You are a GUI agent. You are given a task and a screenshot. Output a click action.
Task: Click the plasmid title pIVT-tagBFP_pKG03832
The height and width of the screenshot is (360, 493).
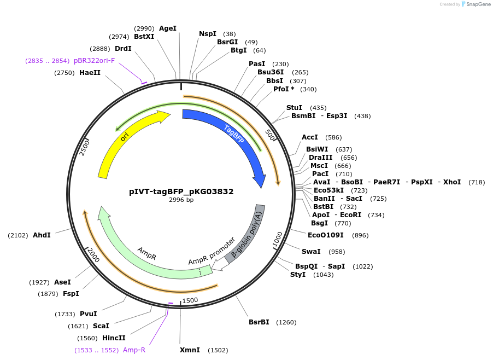click(181, 191)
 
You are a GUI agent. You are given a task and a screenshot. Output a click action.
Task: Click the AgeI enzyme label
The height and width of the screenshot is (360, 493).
click(168, 28)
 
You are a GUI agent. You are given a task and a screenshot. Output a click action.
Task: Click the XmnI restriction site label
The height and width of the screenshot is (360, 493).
click(190, 350)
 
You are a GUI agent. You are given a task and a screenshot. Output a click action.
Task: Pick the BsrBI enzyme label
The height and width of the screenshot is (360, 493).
click(259, 322)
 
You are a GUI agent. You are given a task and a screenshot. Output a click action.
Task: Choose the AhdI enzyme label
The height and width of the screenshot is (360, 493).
click(42, 235)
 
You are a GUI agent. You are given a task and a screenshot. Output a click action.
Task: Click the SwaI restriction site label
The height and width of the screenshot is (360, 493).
click(311, 252)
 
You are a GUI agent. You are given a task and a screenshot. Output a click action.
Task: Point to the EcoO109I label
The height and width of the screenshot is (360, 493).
click(326, 235)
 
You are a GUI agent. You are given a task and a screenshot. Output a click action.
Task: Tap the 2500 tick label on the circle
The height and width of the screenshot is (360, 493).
click(84, 147)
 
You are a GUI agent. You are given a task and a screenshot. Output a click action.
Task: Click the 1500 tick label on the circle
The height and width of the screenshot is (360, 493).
click(190, 300)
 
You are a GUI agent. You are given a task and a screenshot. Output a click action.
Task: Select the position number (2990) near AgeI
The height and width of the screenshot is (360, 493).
click(144, 28)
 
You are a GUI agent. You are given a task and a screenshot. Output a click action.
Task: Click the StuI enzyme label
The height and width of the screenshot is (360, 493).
click(294, 108)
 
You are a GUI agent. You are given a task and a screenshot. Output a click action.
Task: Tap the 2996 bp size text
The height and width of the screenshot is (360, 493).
click(181, 200)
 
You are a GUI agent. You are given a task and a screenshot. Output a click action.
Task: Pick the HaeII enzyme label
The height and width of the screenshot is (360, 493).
click(90, 73)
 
